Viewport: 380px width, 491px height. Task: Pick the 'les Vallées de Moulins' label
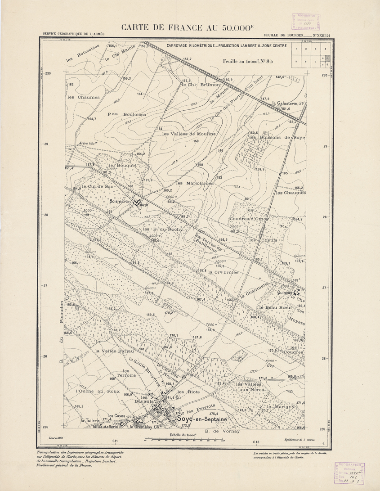pos(189,134)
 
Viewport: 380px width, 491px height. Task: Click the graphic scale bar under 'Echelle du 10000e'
pos(184,441)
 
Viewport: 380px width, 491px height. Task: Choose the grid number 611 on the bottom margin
pos(115,441)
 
